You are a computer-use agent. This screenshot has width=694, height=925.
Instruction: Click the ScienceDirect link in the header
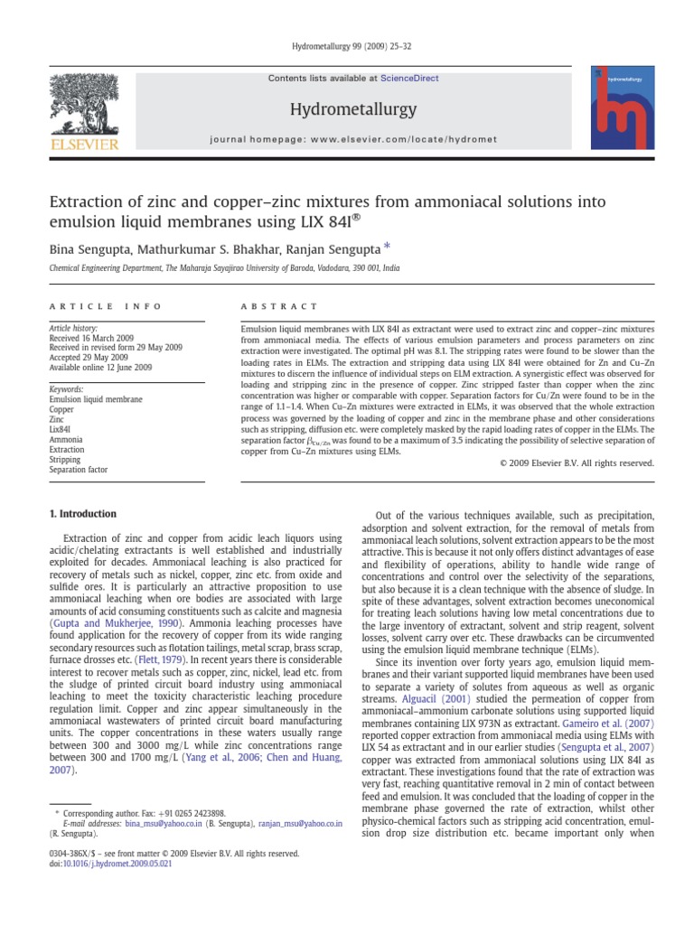coord(409,79)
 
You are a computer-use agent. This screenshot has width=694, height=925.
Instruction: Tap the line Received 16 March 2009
coord(89,338)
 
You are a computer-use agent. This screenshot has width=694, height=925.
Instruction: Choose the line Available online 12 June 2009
coord(100,368)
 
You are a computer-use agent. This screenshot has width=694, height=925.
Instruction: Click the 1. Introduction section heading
coord(82,514)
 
